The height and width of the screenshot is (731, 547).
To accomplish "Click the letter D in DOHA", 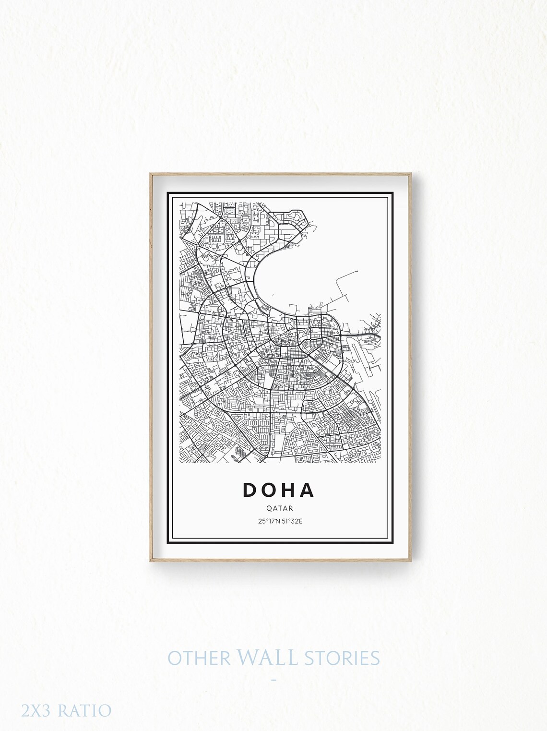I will pyautogui.click(x=250, y=490).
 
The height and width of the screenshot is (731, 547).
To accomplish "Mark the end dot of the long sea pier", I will pyautogui.click(x=357, y=272).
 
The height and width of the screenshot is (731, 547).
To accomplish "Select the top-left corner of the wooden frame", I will pyautogui.click(x=150, y=174).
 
